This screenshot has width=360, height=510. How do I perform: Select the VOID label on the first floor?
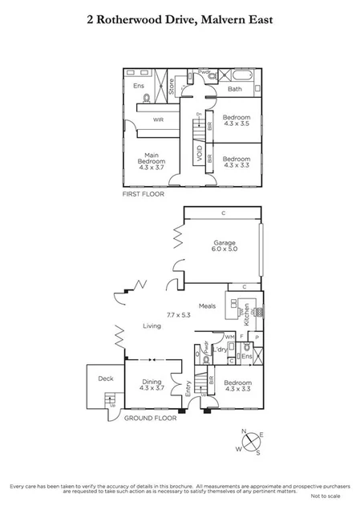(x=197, y=150)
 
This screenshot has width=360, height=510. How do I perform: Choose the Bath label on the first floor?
(x=235, y=89)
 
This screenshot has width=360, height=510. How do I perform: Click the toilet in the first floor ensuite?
(x=146, y=99)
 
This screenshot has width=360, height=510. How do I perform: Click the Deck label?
(x=105, y=378)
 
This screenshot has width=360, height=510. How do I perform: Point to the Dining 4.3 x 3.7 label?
(x=152, y=386)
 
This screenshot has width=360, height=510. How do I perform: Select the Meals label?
(x=207, y=306)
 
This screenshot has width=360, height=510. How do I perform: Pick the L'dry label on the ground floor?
(x=220, y=349)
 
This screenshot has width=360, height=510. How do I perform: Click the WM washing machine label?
(x=229, y=337)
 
